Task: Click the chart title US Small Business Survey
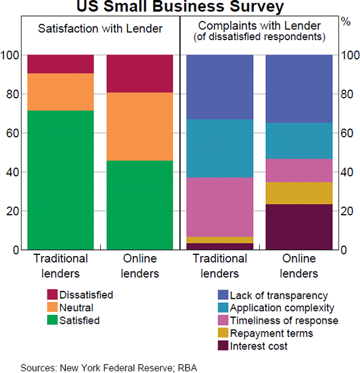(180, 7)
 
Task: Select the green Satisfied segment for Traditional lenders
(60, 180)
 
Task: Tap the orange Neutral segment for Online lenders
(140, 127)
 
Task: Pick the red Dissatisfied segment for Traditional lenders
(60, 64)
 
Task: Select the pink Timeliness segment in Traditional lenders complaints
(220, 207)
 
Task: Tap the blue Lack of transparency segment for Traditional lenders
(220, 87)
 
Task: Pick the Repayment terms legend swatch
(222, 333)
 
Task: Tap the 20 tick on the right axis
(346, 211)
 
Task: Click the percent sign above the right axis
(346, 22)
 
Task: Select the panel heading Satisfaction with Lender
(100, 28)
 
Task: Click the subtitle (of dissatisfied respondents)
(259, 37)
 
